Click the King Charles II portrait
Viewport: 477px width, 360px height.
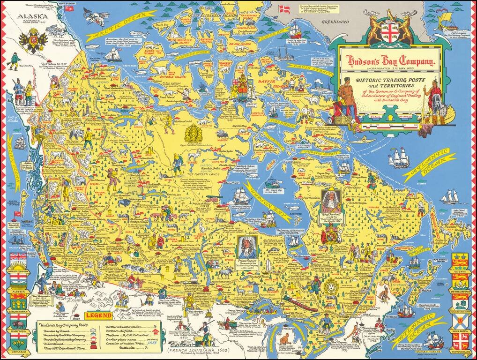330,202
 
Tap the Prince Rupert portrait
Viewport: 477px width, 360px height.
247,247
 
